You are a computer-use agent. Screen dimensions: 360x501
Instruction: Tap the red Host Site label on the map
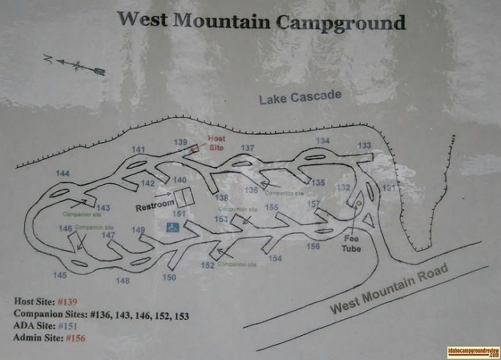click(x=216, y=143)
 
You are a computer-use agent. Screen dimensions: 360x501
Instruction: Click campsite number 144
click(x=63, y=174)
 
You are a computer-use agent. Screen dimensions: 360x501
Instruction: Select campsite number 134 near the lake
click(x=323, y=141)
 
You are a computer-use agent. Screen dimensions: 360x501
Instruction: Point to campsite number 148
click(x=123, y=281)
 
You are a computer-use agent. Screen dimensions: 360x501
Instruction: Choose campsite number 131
click(x=389, y=188)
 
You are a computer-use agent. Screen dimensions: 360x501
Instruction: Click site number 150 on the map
click(x=169, y=277)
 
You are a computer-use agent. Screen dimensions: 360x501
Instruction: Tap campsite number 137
click(x=248, y=148)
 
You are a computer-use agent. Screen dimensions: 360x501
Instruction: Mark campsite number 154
click(x=275, y=258)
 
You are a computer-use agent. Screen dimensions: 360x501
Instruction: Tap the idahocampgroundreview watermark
click(x=472, y=351)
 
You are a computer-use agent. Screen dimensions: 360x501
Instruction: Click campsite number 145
click(x=59, y=274)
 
